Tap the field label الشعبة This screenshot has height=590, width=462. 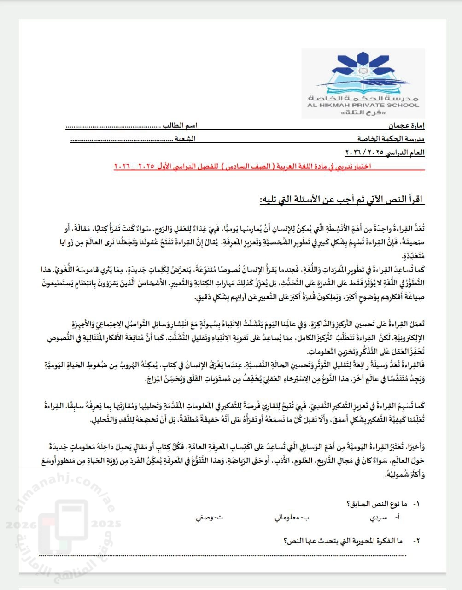tap(186, 138)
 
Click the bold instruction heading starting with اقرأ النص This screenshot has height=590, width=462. tap(341, 200)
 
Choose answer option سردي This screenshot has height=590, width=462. tap(377, 518)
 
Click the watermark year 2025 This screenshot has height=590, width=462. tap(106, 524)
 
